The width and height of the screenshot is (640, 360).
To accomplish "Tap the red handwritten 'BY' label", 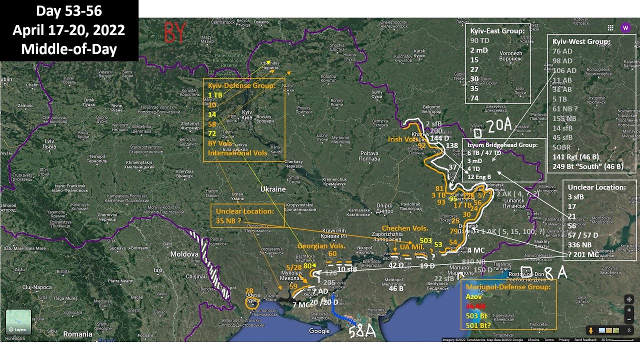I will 174,33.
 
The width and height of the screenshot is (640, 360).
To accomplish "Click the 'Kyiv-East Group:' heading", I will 497,31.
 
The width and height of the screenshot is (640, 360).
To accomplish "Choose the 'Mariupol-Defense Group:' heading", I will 507,287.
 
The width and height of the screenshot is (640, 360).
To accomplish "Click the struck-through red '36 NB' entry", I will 476,306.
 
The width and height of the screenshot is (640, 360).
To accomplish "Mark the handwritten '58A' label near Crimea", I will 361,331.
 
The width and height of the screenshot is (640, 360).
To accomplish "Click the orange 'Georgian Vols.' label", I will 321,246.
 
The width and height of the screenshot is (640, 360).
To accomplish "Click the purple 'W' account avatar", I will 625,28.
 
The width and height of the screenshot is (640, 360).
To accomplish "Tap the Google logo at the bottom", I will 319,331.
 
